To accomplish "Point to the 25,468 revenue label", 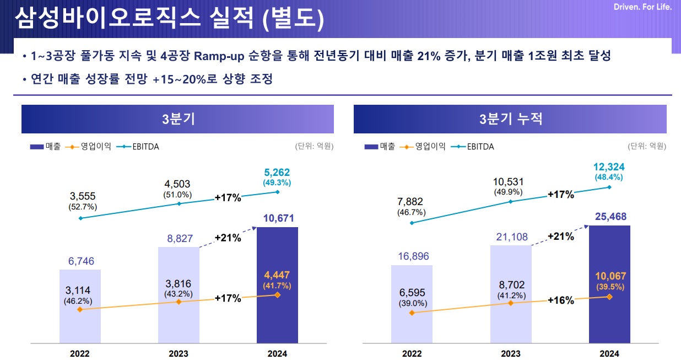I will (609, 217).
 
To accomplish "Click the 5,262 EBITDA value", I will (277, 173).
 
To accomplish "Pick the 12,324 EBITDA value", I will (609, 167).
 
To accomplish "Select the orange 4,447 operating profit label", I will (277, 275).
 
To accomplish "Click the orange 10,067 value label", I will (609, 276).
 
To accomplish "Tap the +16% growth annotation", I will (560, 300).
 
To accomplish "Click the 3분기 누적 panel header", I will (510, 119).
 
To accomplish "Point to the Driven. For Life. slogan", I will (642, 7).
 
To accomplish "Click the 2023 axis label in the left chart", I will (179, 353).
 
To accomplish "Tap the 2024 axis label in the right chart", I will (609, 353).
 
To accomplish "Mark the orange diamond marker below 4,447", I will (277, 295).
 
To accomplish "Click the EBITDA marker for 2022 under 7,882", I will (412, 223).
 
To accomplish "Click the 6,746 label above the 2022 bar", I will (80, 261).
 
